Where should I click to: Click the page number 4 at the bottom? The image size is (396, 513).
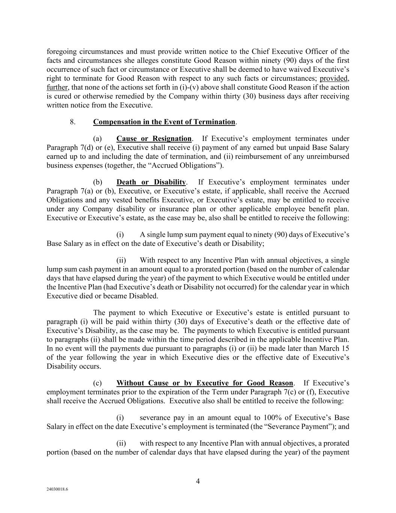point(198,481)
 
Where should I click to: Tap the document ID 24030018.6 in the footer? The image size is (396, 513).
point(55,490)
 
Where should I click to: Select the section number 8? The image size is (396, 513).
point(73,122)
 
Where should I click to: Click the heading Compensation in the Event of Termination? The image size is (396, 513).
point(164,122)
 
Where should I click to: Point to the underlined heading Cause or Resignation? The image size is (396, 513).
point(154,139)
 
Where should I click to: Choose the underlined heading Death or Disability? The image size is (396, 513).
point(151,182)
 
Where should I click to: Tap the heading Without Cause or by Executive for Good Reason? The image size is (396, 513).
point(205,383)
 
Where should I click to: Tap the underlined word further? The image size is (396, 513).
point(57,88)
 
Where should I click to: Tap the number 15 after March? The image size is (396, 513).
point(345,348)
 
